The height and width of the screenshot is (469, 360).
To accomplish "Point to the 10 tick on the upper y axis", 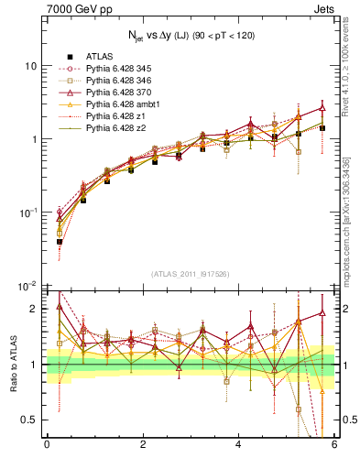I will coord(33,66).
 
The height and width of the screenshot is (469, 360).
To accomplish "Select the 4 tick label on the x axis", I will coord(238,444).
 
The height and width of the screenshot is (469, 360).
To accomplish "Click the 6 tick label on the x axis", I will coord(334,444).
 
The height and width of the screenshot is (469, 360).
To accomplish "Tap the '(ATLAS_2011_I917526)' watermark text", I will coord(190,275).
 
